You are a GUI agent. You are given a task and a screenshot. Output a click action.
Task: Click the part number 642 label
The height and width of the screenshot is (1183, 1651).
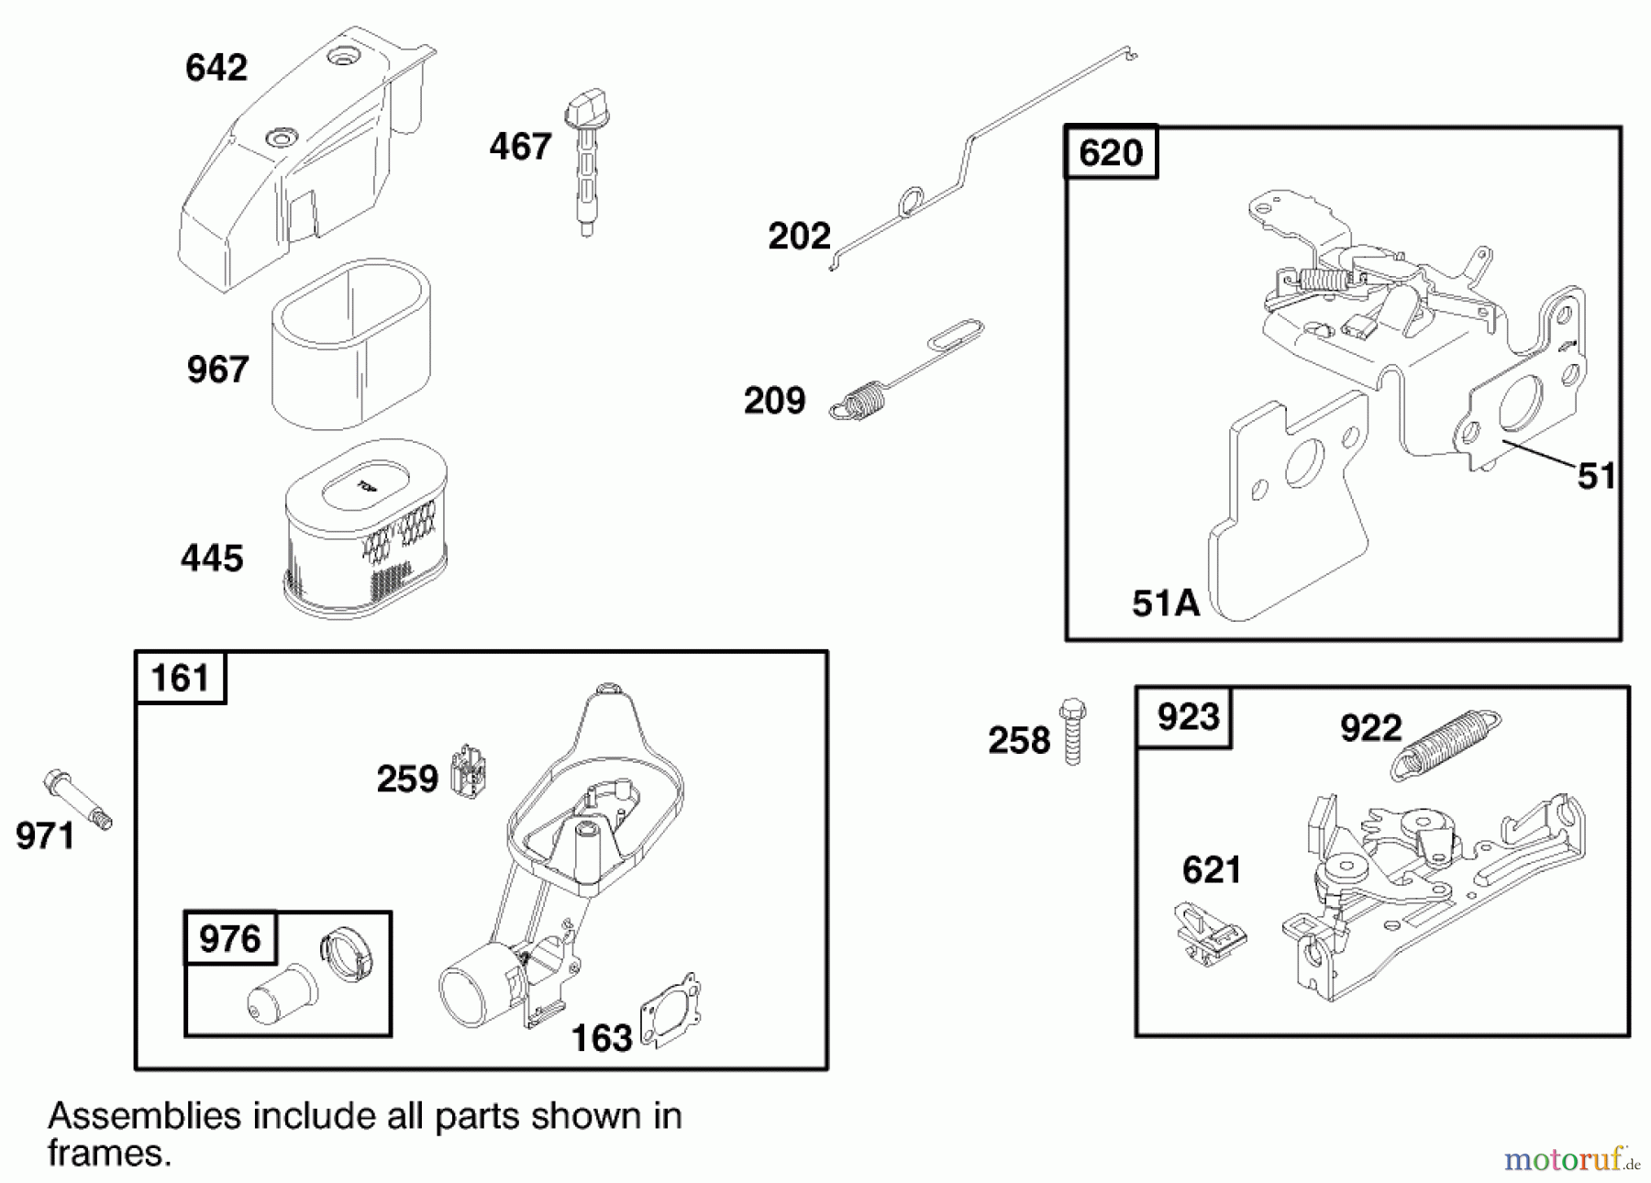(x=216, y=68)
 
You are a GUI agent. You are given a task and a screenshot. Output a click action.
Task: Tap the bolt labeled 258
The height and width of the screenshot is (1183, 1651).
(x=1071, y=732)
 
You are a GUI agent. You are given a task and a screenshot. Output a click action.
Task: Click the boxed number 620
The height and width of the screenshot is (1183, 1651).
(x=1111, y=152)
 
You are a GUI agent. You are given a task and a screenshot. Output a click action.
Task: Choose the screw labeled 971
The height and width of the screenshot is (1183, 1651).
(x=77, y=799)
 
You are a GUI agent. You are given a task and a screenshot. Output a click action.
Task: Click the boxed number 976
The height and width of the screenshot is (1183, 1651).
(x=230, y=938)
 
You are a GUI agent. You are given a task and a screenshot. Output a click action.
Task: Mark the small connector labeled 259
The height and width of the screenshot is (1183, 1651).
(x=470, y=768)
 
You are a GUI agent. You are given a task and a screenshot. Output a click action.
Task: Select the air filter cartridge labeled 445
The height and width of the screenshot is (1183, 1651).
(x=366, y=528)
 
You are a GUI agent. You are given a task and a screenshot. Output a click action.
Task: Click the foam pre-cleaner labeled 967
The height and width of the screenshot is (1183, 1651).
(x=351, y=344)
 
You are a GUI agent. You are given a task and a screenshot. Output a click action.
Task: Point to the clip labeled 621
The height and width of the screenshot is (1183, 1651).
(x=1210, y=934)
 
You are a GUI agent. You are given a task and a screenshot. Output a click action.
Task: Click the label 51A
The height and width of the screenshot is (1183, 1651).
(x=1166, y=603)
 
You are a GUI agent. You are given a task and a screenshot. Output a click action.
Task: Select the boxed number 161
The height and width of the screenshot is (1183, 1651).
(x=181, y=678)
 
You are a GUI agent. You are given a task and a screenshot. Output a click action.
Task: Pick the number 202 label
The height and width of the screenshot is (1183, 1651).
(x=799, y=237)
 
